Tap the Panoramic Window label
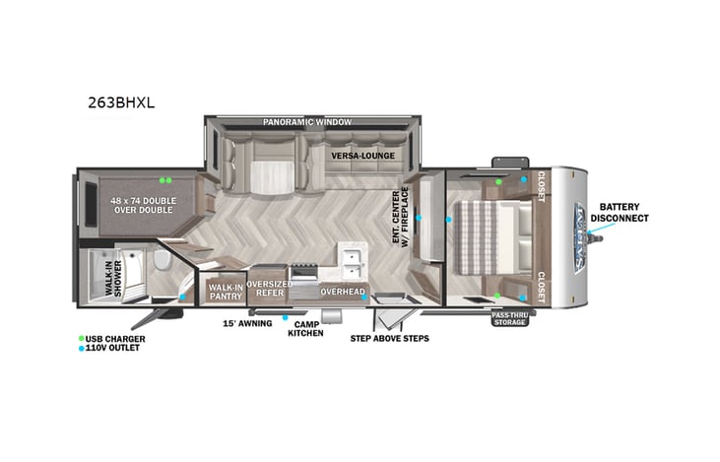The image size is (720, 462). [x=306, y=122]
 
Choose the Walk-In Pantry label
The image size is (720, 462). [x=226, y=291]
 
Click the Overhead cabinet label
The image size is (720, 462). [x=342, y=293]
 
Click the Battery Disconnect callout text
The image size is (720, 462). [x=620, y=212]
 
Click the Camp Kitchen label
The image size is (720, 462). [x=305, y=328]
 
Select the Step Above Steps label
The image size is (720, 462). [x=389, y=338]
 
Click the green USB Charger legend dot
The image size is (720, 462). [x=82, y=339]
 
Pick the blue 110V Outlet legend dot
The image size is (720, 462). [x=82, y=349]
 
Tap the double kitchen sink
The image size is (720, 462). [x=351, y=258]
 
